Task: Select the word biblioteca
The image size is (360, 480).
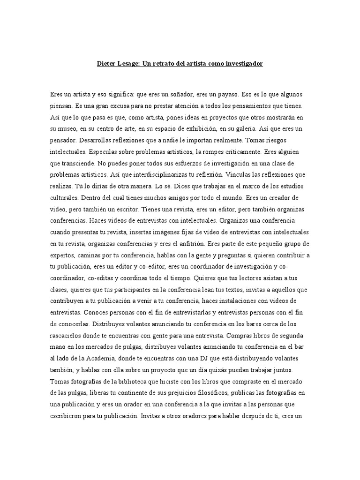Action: pyautogui.click(x=131, y=380)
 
